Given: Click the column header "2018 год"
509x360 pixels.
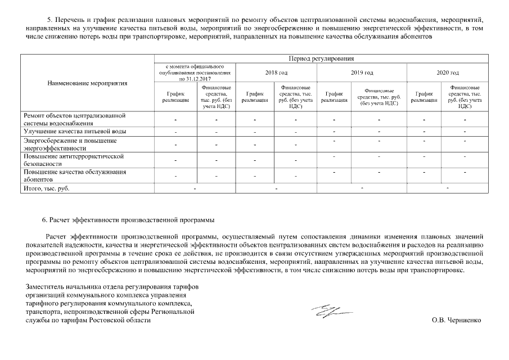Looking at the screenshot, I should (x=276, y=73).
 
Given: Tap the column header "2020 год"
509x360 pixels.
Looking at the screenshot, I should (x=447, y=73).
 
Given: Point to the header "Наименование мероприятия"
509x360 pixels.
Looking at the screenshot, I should (x=87, y=83).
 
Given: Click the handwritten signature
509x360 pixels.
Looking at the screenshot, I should (x=329, y=310).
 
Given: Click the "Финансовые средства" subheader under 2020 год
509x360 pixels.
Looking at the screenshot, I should (x=465, y=97).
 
